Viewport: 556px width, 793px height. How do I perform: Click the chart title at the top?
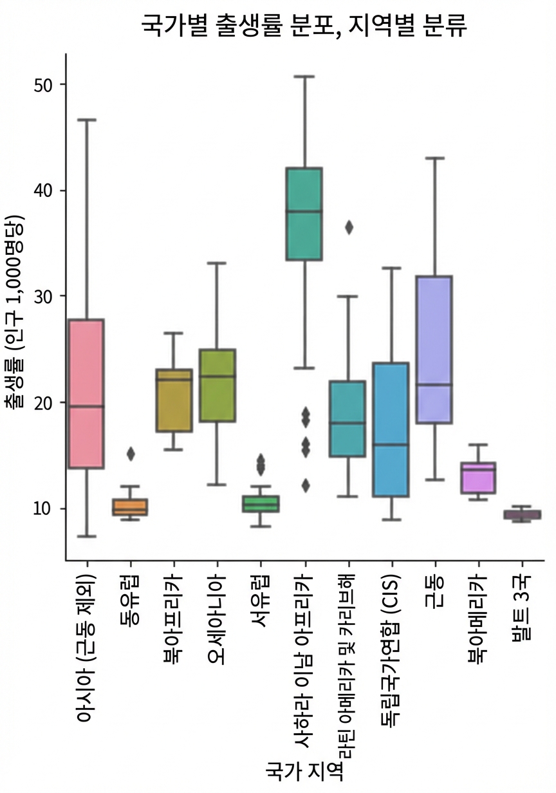click(304, 26)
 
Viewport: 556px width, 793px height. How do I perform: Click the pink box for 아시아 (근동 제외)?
click(86, 394)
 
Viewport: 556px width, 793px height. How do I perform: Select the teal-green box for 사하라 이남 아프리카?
click(304, 214)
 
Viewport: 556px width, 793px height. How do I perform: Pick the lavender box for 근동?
click(434, 350)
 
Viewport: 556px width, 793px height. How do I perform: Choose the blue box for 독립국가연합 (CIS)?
click(391, 429)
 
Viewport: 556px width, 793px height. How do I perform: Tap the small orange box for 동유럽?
click(130, 507)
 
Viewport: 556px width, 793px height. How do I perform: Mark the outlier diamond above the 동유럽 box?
click(131, 454)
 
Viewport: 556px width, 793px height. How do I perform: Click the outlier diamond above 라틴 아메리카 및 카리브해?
click(349, 227)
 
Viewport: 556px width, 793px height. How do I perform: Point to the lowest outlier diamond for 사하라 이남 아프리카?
click(306, 485)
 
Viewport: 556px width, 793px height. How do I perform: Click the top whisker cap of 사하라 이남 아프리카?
click(304, 76)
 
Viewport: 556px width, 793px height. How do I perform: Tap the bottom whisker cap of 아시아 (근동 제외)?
click(87, 536)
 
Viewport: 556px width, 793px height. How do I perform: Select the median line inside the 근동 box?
click(434, 384)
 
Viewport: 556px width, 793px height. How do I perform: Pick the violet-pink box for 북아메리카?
click(477, 478)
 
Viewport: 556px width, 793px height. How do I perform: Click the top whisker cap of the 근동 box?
click(434, 158)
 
